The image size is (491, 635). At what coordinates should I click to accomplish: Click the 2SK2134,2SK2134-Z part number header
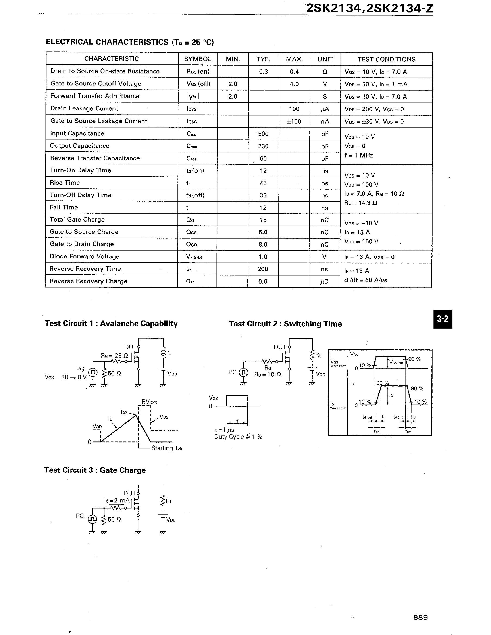pos(369,8)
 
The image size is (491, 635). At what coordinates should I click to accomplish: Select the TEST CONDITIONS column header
pos(386,59)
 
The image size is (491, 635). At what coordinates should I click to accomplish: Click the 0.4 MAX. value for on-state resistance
pos(294,72)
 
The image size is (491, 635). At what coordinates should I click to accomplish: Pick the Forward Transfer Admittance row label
pos(95,96)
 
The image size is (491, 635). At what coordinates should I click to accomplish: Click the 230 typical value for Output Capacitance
pos(263,146)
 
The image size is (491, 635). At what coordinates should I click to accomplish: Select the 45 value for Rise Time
pos(263,183)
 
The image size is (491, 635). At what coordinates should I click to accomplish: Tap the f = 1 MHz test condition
pos(359,155)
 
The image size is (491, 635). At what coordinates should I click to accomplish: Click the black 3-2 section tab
pos(442,319)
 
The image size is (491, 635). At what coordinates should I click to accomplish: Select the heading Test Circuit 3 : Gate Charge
pos(95,470)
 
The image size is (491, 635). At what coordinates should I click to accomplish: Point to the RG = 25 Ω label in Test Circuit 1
pos(114,356)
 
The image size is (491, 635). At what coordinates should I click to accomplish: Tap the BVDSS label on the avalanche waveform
pos(149,402)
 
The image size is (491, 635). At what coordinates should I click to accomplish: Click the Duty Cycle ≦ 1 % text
pos(238,437)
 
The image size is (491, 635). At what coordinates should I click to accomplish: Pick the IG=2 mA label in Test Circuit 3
pos(117,500)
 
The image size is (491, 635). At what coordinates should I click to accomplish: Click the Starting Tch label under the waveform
pos(166,448)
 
